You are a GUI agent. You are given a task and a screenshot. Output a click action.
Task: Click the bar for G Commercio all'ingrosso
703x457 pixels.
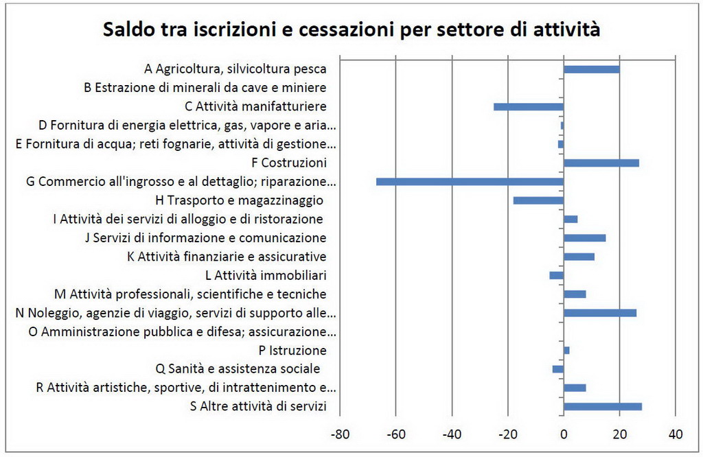tap(470, 182)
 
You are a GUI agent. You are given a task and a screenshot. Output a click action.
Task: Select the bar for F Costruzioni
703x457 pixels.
tap(601, 163)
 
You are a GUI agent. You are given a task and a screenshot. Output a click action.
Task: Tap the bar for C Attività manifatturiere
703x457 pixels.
tap(529, 106)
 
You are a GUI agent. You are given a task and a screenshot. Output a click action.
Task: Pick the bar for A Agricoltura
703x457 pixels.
tap(591, 69)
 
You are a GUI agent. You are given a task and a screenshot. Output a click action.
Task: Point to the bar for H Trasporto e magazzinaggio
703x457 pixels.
tap(538, 200)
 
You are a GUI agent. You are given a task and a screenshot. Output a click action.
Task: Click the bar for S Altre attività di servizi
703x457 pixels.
tap(602, 406)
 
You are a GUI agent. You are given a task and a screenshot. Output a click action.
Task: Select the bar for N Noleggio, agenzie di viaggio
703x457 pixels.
tap(599, 313)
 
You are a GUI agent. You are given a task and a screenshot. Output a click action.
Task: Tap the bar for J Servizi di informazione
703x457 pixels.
tap(584, 238)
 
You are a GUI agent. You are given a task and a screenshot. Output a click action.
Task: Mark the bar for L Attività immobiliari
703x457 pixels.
tap(557, 275)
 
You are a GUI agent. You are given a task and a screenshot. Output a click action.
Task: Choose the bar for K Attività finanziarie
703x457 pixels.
tap(579, 257)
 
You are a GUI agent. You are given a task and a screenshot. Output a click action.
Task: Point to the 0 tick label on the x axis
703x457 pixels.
tap(564, 434)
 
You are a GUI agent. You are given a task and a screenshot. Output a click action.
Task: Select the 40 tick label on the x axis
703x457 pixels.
tap(675, 434)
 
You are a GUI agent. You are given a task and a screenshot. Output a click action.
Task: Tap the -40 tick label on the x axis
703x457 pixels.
tap(451, 434)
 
